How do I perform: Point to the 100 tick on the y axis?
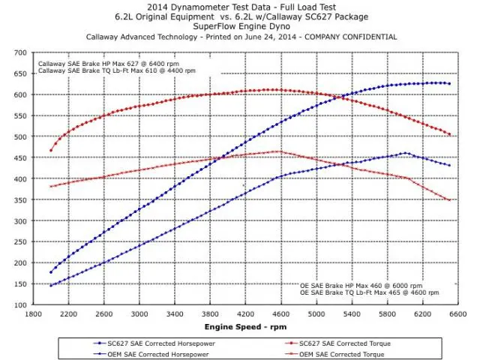pos(23,305)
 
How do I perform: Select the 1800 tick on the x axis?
pos(33,314)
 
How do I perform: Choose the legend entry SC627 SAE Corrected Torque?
pos(350,343)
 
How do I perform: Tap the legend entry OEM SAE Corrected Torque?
pos(348,352)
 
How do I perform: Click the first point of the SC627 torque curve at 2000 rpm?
pos(51,151)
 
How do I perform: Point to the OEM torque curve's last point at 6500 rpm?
pos(449,200)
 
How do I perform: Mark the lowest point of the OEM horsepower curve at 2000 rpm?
pos(51,286)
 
